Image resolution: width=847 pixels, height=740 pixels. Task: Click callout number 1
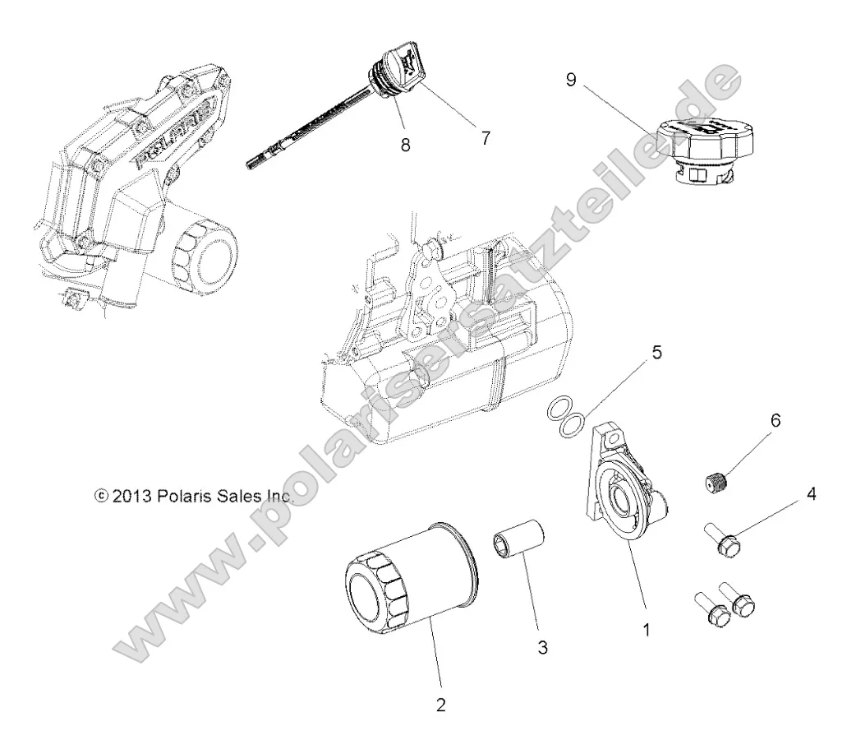click(647, 631)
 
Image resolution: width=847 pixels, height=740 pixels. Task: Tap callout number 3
click(541, 647)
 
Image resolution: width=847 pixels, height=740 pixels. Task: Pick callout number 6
click(775, 420)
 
